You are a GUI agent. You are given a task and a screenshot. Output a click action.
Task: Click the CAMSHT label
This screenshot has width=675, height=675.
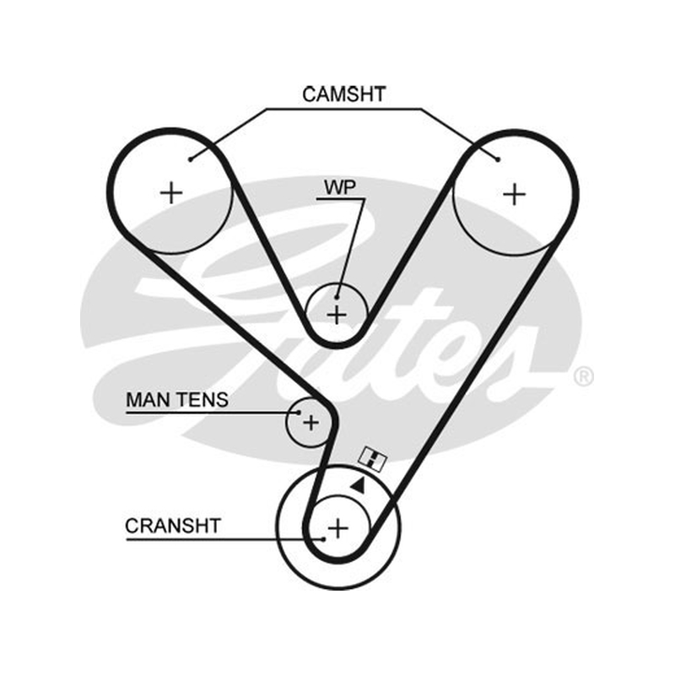343,94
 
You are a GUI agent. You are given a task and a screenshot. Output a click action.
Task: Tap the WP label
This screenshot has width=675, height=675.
340,187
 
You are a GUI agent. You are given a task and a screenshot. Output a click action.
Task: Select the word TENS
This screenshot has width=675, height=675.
202,399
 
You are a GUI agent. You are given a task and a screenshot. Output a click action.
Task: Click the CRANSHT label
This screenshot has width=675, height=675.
173,526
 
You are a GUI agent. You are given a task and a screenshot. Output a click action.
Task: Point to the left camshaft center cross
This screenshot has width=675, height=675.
171,192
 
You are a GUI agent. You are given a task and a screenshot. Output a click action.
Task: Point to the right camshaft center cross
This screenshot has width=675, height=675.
515,195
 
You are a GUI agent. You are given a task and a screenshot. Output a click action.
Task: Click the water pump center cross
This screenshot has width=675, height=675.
337,315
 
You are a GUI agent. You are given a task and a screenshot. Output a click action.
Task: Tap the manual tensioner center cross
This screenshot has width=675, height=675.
310,423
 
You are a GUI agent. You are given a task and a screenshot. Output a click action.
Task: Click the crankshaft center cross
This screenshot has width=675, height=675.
338,528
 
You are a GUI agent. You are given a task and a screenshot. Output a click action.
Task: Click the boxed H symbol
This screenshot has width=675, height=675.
373,458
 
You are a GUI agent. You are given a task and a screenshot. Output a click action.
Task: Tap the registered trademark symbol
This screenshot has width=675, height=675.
583,375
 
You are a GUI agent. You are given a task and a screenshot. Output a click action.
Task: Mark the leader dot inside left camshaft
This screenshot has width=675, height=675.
191,159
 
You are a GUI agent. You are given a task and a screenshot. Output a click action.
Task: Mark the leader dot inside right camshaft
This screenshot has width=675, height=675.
498,159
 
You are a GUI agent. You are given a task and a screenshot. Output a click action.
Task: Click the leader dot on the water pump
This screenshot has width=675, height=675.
337,297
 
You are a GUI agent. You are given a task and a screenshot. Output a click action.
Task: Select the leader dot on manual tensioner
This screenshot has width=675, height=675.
299,413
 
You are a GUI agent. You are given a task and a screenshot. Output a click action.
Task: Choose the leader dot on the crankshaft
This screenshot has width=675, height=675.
323,538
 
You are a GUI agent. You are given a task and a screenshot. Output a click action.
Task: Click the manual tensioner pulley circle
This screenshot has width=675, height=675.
287,423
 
